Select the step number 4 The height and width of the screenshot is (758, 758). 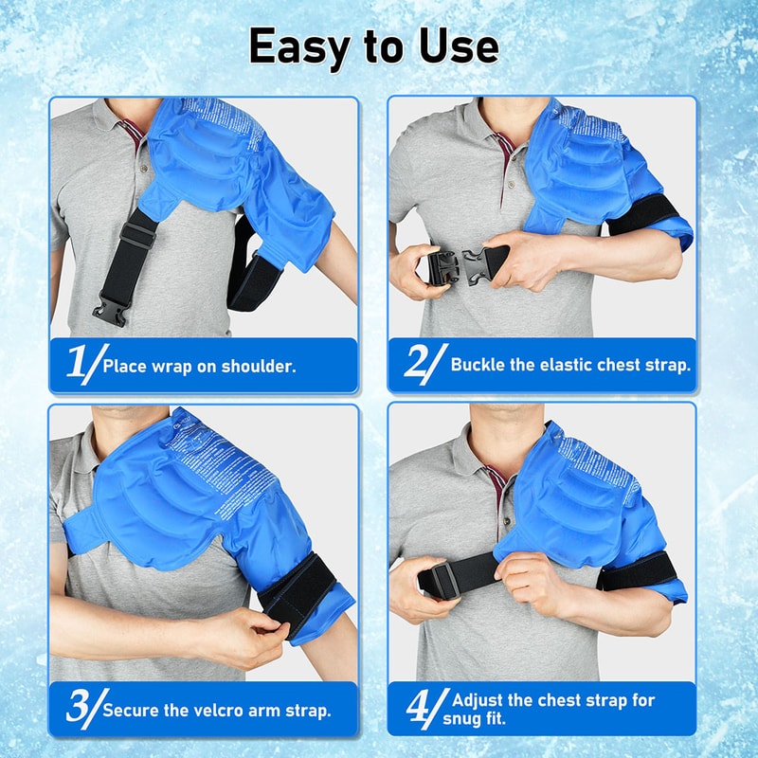pos(417,707)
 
